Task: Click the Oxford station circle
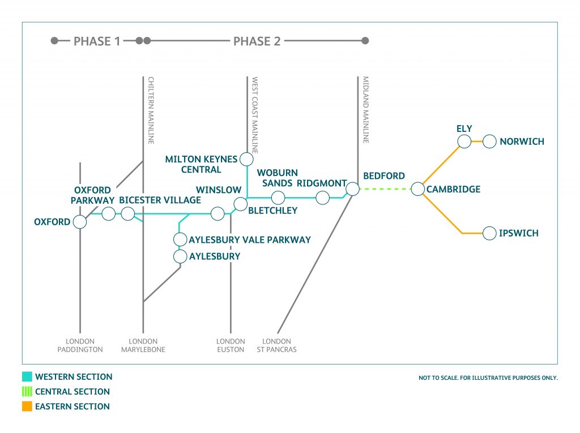pyautogui.click(x=80, y=222)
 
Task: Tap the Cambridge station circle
pyautogui.click(x=418, y=189)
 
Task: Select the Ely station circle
pyautogui.click(x=464, y=141)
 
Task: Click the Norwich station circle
pyautogui.click(x=489, y=141)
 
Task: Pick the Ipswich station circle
pyautogui.click(x=489, y=233)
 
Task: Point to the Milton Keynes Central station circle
pyautogui.click(x=246, y=160)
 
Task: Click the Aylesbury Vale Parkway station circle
pyautogui.click(x=180, y=239)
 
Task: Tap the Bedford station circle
pyautogui.click(x=352, y=189)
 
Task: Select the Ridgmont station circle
pyautogui.click(x=322, y=198)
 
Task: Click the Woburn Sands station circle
pyautogui.click(x=278, y=198)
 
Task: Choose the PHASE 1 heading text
pyautogui.click(x=97, y=41)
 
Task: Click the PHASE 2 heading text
pyautogui.click(x=257, y=41)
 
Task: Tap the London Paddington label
pyautogui.click(x=80, y=345)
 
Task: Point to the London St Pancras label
pyautogui.click(x=277, y=345)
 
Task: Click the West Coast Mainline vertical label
pyautogui.click(x=255, y=115)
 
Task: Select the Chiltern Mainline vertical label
pyautogui.click(x=151, y=110)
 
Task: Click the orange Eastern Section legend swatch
pyautogui.click(x=27, y=406)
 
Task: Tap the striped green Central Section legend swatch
pyautogui.click(x=27, y=392)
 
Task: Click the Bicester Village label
pyautogui.click(x=160, y=200)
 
